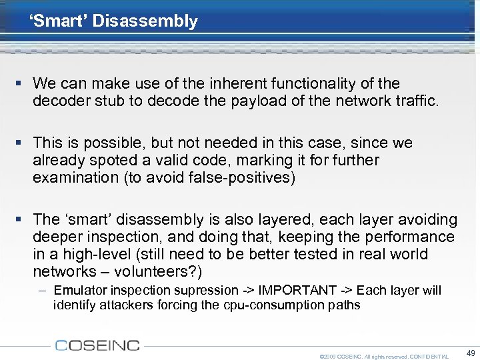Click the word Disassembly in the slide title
[x=145, y=21]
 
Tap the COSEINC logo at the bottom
[x=97, y=345]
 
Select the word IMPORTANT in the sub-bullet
[x=296, y=290]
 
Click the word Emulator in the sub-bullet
[x=79, y=290]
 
